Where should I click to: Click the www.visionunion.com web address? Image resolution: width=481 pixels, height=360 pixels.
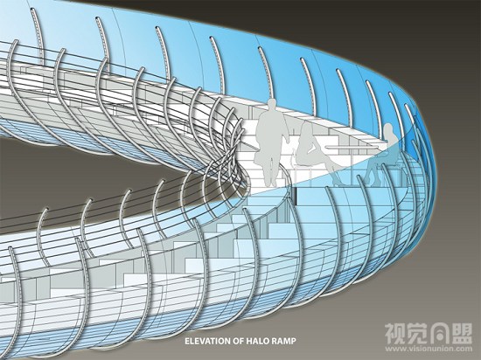click(429, 349)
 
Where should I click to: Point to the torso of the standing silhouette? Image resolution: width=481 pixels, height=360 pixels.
click(271, 132)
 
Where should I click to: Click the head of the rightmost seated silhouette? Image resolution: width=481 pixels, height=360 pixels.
click(388, 129)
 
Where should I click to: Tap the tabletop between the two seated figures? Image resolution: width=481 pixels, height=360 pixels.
click(352, 149)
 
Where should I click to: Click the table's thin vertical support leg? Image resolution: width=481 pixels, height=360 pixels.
click(352, 167)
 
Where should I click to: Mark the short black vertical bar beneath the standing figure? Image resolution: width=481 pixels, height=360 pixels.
click(295, 196)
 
